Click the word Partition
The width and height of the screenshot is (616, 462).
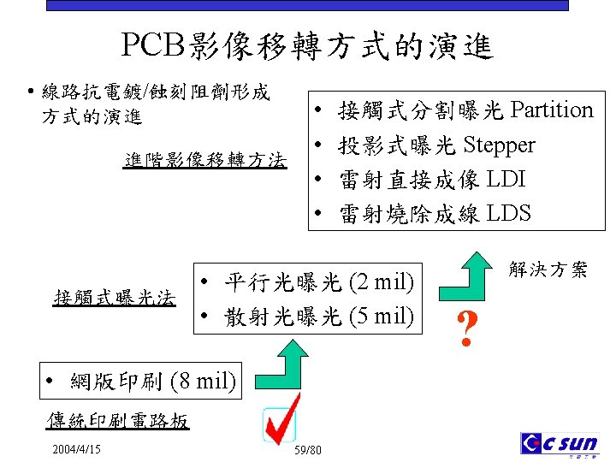click(x=551, y=110)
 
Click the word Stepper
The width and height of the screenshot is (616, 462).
click(x=499, y=145)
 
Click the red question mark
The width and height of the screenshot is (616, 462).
click(x=466, y=329)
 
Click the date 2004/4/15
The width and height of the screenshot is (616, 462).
click(x=76, y=449)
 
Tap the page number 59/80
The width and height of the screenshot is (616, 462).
click(x=307, y=451)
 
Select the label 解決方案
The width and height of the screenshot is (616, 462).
click(x=548, y=270)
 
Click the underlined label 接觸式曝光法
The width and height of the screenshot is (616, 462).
click(x=114, y=299)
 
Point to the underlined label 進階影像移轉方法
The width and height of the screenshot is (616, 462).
click(x=204, y=160)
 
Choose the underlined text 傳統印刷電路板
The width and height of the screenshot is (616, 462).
click(x=116, y=421)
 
